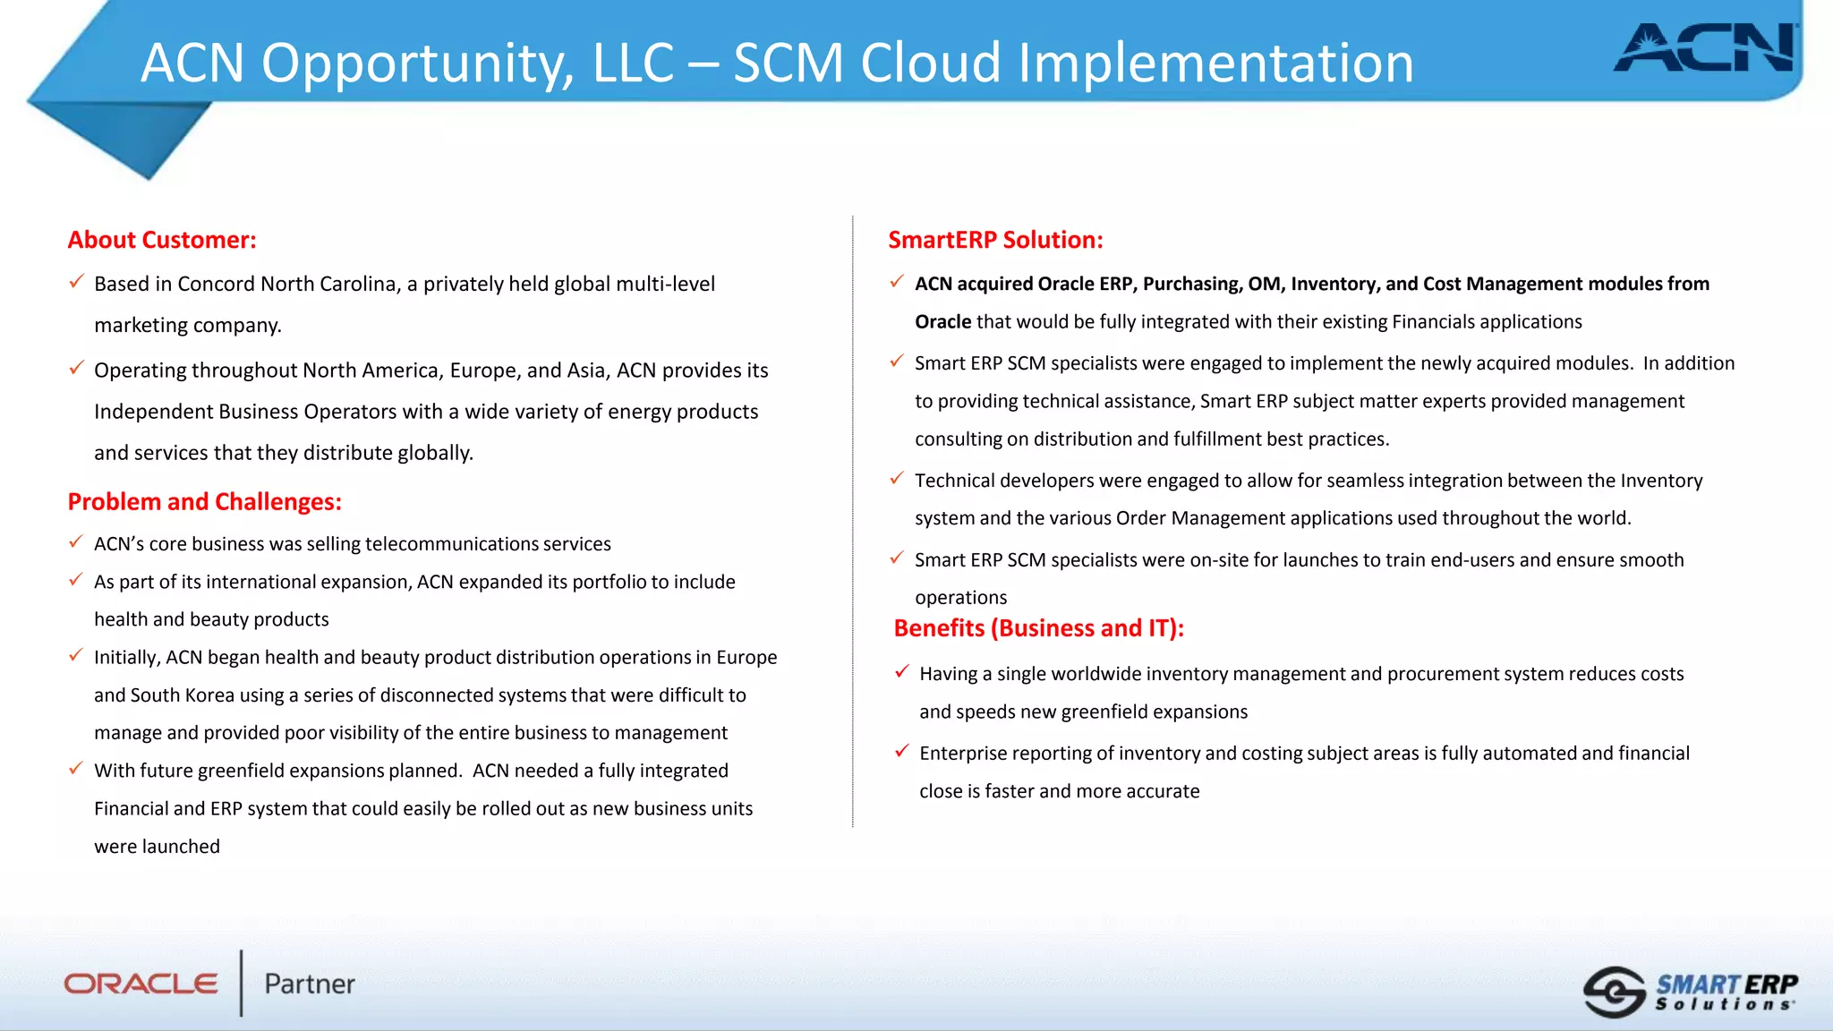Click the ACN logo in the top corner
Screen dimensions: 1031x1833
tap(1705, 49)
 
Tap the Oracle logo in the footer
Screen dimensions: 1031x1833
tap(141, 984)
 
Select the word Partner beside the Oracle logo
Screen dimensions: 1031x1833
tap(310, 984)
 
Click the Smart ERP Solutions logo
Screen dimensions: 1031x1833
tap(1691, 992)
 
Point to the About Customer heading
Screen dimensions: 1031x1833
tap(162, 240)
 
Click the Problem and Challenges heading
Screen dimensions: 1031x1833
tap(204, 501)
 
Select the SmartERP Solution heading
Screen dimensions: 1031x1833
tap(995, 240)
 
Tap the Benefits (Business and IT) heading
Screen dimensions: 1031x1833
tap(1038, 628)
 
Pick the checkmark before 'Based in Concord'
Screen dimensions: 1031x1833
tap(77, 282)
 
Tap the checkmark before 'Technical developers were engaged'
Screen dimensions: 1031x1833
tap(897, 479)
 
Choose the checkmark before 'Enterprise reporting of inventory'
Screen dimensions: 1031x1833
tap(902, 751)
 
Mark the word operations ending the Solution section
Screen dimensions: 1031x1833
tap(960, 598)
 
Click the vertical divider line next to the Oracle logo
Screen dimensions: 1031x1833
tap(242, 983)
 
